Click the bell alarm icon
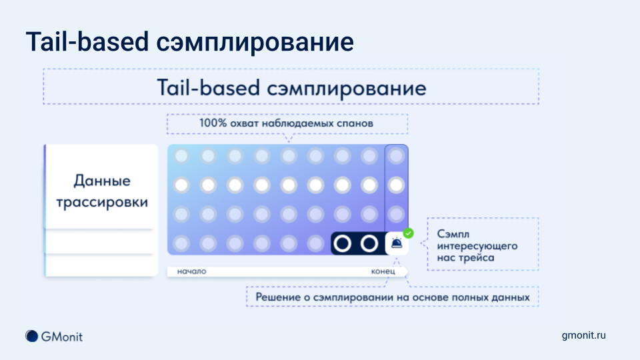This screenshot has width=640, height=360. coord(397,244)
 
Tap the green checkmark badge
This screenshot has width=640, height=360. coord(408,233)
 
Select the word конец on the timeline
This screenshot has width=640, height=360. coord(383,272)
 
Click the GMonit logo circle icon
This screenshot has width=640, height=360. coord(31,336)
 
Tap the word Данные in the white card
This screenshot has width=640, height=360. coord(102,181)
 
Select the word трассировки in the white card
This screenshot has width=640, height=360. coord(102,202)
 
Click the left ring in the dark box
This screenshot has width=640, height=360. coord(342,244)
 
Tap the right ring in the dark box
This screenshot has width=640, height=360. coord(369,244)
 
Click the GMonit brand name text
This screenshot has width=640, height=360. coord(62,336)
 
